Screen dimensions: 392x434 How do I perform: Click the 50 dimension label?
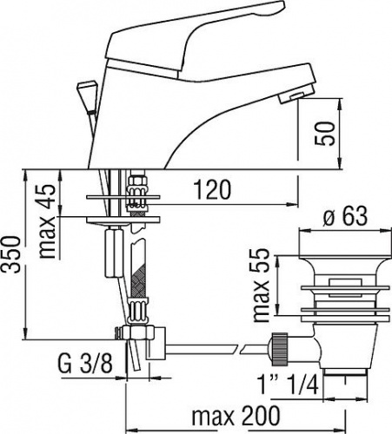point(325,134)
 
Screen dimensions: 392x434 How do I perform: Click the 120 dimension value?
point(212,189)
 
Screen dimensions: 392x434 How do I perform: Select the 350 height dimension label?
point(12,254)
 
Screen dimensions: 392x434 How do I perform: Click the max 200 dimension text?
point(236,417)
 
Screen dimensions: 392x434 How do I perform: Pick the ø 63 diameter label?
point(344,216)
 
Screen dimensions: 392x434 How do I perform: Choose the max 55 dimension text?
point(261,286)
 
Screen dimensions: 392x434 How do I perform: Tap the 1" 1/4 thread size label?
point(288,384)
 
